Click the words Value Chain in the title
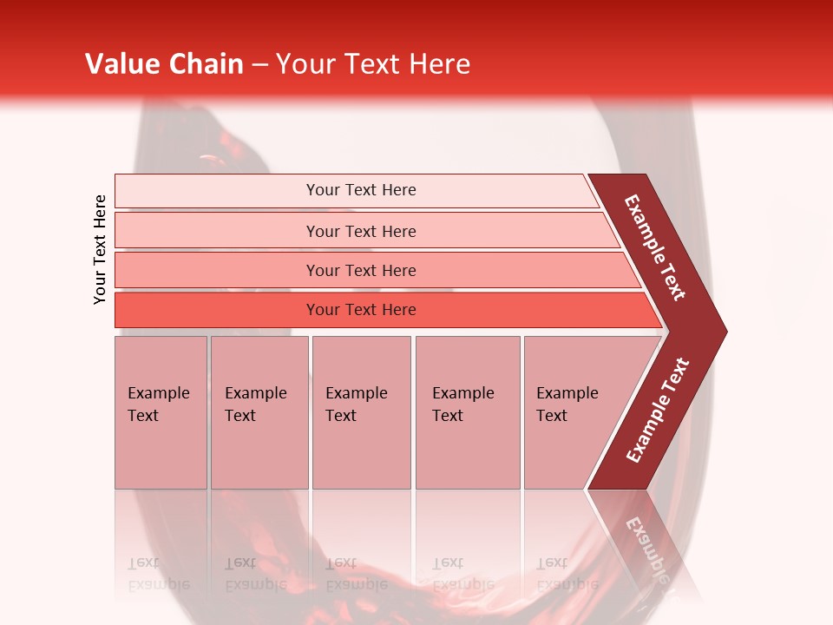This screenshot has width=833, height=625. point(164,64)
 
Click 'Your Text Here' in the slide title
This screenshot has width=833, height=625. point(373,64)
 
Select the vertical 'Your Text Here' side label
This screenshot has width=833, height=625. point(101,249)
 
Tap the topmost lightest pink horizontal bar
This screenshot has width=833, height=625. point(217,191)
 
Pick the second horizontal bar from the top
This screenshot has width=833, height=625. point(217,231)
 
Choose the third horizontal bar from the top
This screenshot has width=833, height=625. point(217,270)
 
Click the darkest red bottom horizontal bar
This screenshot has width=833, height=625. point(217,310)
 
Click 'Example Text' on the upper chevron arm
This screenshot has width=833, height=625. point(655,247)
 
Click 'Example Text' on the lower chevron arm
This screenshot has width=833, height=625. point(658,411)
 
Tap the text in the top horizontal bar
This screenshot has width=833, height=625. point(361,190)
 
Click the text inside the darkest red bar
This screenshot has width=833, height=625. point(361,310)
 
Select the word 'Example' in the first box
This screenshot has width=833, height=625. point(158,393)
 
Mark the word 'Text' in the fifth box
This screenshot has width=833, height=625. point(552,416)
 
